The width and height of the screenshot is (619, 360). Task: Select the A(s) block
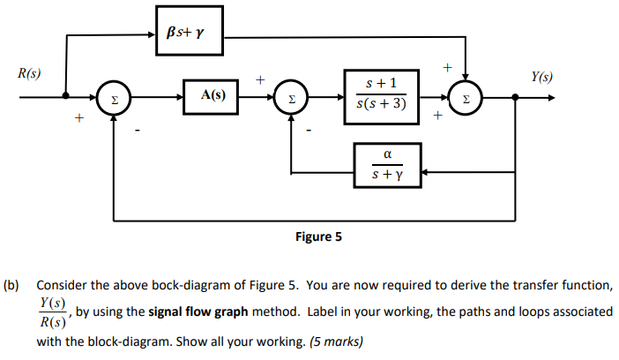pos(212,96)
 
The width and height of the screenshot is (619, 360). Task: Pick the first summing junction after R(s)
pos(113,97)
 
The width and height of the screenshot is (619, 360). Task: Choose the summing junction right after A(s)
pos(291,97)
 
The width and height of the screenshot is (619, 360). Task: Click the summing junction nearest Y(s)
pos(466,97)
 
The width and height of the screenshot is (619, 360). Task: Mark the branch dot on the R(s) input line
pos(65,97)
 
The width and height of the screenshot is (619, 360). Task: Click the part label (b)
pos(11,286)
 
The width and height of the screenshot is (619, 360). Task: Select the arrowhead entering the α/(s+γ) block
pos(427,171)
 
